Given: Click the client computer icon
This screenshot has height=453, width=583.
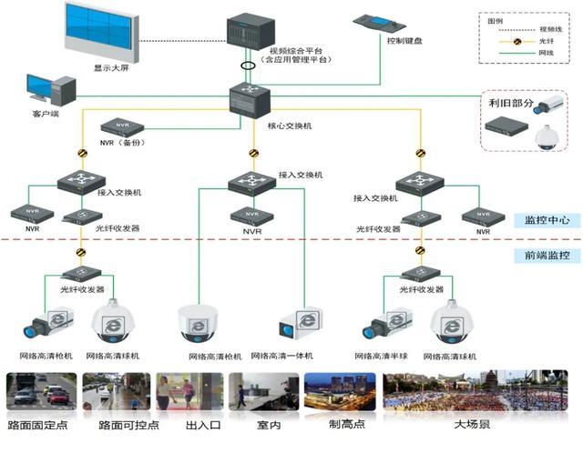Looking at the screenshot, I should [x=50, y=92].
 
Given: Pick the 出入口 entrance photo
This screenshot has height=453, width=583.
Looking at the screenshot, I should [x=189, y=392].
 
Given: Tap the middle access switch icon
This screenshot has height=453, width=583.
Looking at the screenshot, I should [x=252, y=182].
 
